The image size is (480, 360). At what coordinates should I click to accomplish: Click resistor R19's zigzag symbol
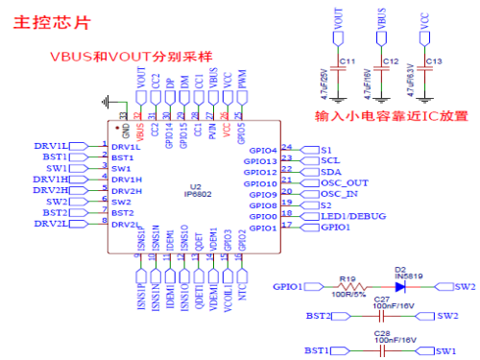349,286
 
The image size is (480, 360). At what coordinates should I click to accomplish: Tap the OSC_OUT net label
343,182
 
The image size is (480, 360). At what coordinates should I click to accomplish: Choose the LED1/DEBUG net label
353,216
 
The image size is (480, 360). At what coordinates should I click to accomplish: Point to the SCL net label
329,160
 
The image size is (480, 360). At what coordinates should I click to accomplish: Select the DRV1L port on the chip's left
50,146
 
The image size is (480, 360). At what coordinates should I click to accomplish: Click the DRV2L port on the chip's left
50,224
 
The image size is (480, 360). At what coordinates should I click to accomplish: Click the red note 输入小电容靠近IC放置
393,114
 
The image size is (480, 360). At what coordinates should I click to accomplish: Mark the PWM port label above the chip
242,84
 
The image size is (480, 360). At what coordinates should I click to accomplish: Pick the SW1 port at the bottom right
444,351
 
